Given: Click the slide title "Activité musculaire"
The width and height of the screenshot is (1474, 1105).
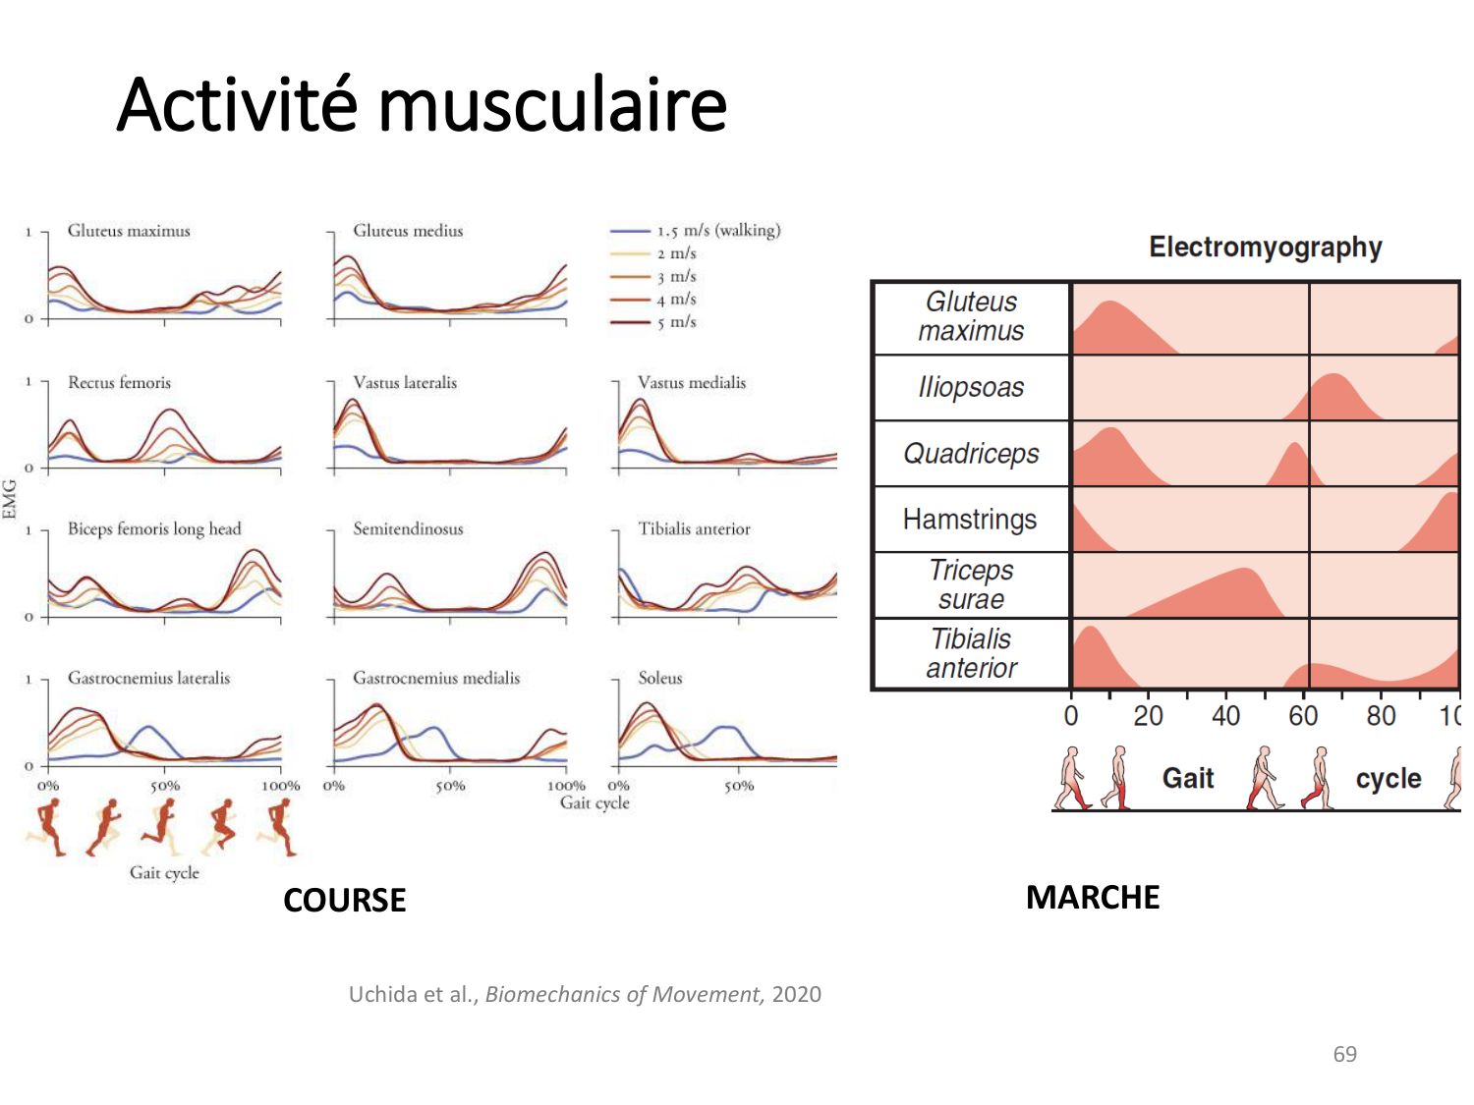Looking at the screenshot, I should click(422, 105).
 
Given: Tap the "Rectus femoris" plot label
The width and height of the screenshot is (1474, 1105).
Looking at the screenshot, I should click(119, 383).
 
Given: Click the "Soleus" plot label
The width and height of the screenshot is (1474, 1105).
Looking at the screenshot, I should click(659, 678).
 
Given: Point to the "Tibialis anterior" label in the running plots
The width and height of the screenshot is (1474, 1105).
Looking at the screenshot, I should click(694, 529).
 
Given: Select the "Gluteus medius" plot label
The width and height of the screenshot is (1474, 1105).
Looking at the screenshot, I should click(408, 231).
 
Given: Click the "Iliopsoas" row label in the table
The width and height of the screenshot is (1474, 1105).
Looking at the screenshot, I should click(971, 388).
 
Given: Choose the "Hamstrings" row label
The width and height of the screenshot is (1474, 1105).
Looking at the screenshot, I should click(970, 520).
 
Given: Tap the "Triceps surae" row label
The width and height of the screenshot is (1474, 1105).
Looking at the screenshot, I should click(971, 584).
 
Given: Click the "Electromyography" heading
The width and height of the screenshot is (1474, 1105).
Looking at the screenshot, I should click(1266, 248).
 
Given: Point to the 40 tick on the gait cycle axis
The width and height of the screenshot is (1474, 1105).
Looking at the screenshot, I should click(1225, 716).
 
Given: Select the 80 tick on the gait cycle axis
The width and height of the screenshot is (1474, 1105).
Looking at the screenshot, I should click(1381, 716).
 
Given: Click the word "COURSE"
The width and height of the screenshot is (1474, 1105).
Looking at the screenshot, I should click(344, 900).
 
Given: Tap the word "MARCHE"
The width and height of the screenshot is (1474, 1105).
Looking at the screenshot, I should click(1093, 898).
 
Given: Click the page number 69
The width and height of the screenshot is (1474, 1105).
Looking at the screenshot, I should click(1344, 1054).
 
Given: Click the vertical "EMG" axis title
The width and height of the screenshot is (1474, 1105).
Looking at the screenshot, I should click(11, 499).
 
